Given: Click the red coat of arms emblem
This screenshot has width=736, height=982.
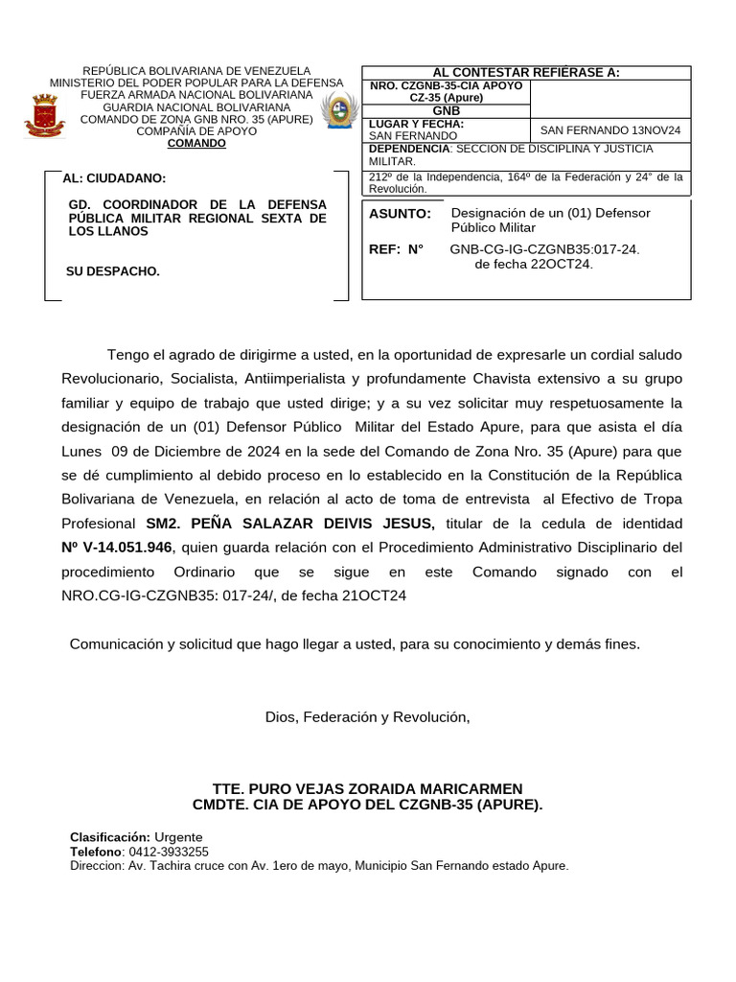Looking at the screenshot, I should [x=44, y=114].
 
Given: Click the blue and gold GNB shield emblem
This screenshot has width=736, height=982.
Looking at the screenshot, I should [x=338, y=112].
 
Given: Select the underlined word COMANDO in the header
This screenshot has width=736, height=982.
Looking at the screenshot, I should [x=196, y=144].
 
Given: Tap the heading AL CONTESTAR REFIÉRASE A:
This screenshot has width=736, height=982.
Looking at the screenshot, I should [x=526, y=73].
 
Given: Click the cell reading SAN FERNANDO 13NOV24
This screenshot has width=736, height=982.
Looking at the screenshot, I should [x=610, y=130].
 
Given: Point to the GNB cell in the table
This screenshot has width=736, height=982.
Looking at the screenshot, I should [x=446, y=111].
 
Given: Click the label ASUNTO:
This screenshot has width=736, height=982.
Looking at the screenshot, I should [x=400, y=213].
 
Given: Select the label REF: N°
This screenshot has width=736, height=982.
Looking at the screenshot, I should [x=396, y=249].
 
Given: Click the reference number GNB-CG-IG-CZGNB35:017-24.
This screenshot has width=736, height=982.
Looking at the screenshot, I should [x=544, y=249].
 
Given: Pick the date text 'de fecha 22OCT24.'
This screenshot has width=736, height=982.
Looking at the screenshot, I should [x=534, y=264].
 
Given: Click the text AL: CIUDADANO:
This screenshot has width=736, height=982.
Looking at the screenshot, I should [x=113, y=179].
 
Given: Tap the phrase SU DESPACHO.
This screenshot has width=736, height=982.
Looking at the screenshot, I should [x=112, y=271].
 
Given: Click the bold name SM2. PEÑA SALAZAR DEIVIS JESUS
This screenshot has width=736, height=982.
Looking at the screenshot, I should [x=289, y=524].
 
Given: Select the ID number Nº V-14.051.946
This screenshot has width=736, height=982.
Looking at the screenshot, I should [x=116, y=548].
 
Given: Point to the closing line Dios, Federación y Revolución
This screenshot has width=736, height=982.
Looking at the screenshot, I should [x=368, y=717].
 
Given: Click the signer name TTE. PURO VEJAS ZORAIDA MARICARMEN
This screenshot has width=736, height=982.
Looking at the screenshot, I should [x=368, y=788].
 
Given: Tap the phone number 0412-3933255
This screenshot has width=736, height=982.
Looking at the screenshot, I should [x=168, y=852].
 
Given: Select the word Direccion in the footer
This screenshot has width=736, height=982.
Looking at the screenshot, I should [x=96, y=866].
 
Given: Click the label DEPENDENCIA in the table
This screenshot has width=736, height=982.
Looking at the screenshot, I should [x=409, y=150].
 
